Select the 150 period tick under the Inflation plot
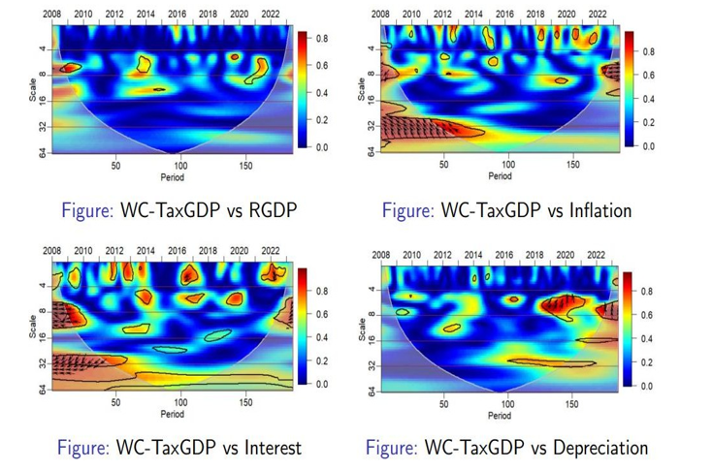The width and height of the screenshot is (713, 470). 572,165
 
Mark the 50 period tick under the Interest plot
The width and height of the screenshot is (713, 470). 115,402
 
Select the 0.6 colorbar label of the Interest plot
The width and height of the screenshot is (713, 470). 322,314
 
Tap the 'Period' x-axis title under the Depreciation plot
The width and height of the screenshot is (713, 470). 500,416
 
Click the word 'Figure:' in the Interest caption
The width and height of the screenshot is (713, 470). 83,448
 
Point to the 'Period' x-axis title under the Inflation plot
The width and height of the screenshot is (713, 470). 500,176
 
